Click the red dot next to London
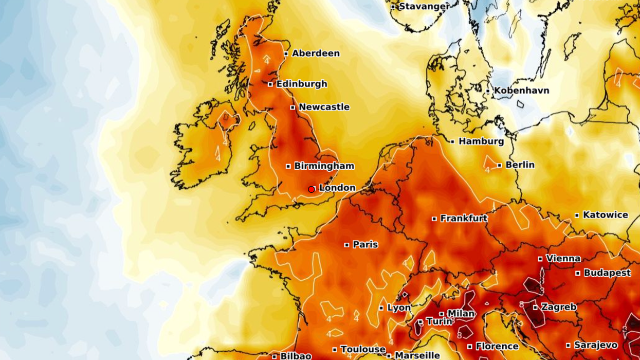point(312,190)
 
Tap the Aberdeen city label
point(316,53)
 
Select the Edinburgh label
point(301,84)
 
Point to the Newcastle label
point(324,107)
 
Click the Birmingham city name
point(324,166)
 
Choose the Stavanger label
point(423,7)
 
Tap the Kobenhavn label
point(521,91)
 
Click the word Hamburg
point(481,141)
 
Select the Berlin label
point(520,165)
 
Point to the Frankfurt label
point(464,219)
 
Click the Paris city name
point(365,245)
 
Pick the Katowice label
point(605,215)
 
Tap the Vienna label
point(563,259)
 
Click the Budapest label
point(607,273)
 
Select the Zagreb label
point(559,307)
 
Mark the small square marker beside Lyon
point(381,308)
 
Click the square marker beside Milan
point(441,314)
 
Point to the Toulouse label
point(363,350)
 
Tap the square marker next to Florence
point(469,347)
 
